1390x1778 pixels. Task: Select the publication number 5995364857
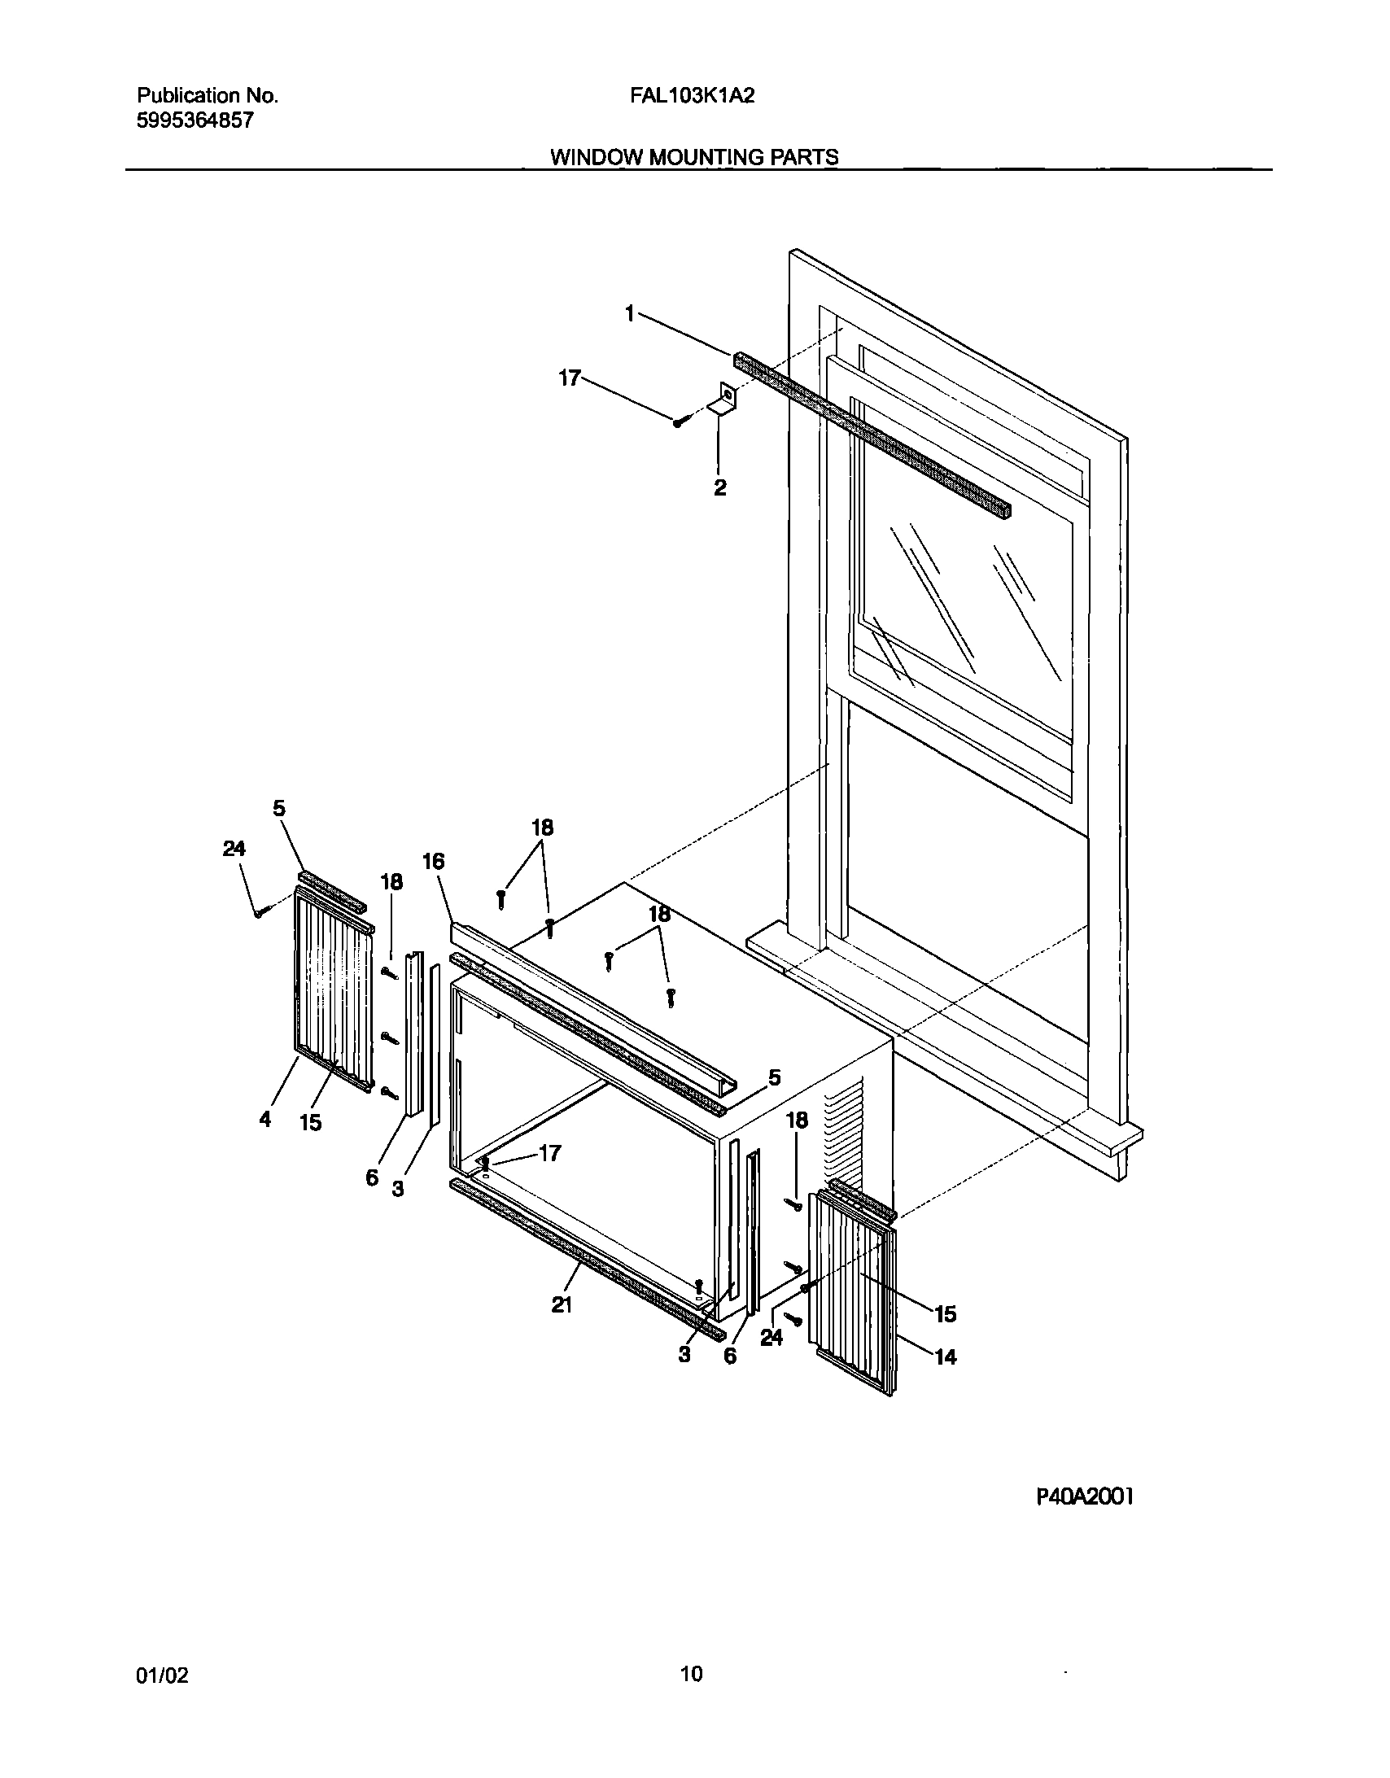click(x=195, y=121)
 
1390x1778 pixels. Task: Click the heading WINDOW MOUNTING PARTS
click(x=693, y=157)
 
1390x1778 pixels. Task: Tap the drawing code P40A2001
click(x=1084, y=1496)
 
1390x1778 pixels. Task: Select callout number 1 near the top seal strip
click(x=629, y=313)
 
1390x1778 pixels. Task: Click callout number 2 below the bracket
click(x=720, y=488)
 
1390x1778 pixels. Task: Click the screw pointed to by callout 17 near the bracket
click(x=679, y=421)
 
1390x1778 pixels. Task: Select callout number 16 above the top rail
click(x=433, y=861)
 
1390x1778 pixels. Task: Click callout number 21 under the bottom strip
click(x=561, y=1305)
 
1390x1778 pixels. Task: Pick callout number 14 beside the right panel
click(x=945, y=1356)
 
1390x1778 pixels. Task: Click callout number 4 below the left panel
click(x=265, y=1120)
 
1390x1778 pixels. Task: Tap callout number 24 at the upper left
click(x=234, y=848)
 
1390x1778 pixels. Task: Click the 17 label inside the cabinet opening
click(x=550, y=1153)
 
